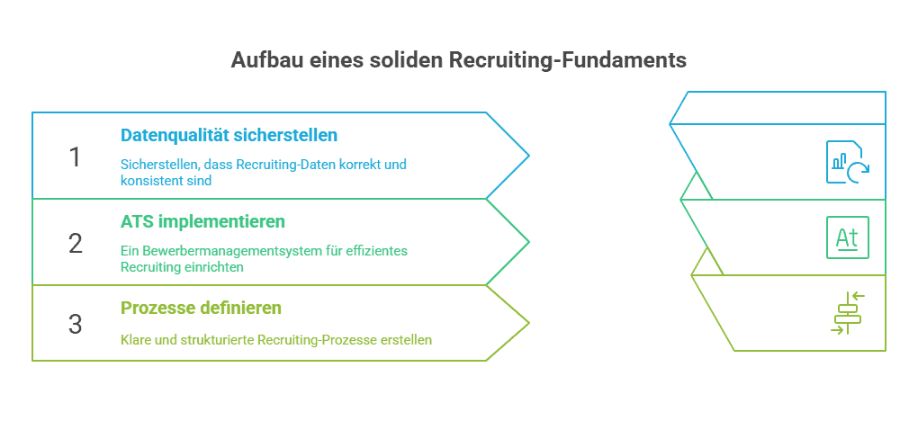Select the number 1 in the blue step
point(75,157)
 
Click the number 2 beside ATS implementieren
point(75,243)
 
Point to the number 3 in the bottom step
point(75,324)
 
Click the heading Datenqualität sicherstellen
point(229,136)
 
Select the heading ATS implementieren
point(203,221)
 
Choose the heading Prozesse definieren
point(201,308)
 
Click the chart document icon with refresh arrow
point(847,163)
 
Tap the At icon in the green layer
point(847,237)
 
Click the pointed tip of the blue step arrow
point(527,156)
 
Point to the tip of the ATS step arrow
point(527,242)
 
